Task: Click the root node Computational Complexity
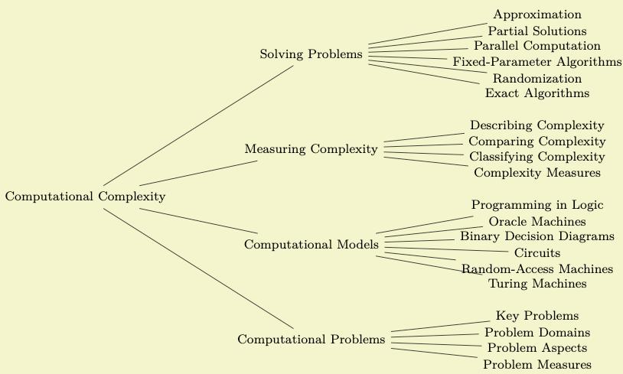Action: pyautogui.click(x=85, y=197)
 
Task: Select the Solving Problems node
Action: pyautogui.click(x=311, y=54)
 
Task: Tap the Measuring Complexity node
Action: pyautogui.click(x=311, y=149)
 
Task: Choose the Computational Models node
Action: pyautogui.click(x=311, y=245)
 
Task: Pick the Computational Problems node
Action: pyautogui.click(x=311, y=340)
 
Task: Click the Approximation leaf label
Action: pyautogui.click(x=537, y=15)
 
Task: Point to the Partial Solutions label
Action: pyautogui.click(x=537, y=31)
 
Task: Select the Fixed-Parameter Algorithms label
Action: pyautogui.click(x=537, y=62)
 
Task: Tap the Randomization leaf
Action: pyautogui.click(x=537, y=79)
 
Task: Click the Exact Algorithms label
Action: pyautogui.click(x=537, y=93)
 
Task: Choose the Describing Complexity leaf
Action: pyautogui.click(x=537, y=125)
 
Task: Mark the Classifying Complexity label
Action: pyautogui.click(x=537, y=157)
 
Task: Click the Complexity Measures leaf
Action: pyautogui.click(x=537, y=173)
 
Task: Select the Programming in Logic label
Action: pyautogui.click(x=537, y=205)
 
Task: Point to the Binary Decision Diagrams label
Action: pyautogui.click(x=537, y=236)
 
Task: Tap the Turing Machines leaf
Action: pyautogui.click(x=537, y=284)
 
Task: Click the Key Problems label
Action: pyautogui.click(x=537, y=316)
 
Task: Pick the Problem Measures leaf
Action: pyautogui.click(x=537, y=365)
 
